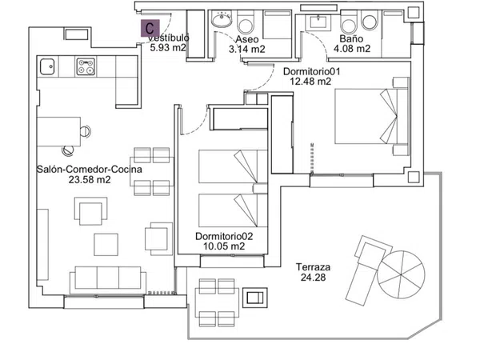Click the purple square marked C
click(x=150, y=28)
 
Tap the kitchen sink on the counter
click(x=47, y=66)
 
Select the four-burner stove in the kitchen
click(x=86, y=66)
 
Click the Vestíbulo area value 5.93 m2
click(x=168, y=48)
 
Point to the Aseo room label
click(x=247, y=39)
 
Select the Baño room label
click(x=351, y=38)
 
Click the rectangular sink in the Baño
click(x=318, y=22)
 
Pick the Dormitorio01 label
click(x=312, y=72)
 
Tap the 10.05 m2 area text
click(x=224, y=246)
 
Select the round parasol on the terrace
click(x=401, y=274)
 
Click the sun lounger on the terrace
click(x=369, y=270)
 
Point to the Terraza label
click(x=313, y=267)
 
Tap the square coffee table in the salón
click(x=106, y=245)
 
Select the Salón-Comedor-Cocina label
click(x=90, y=170)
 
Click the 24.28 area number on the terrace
click(x=313, y=278)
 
